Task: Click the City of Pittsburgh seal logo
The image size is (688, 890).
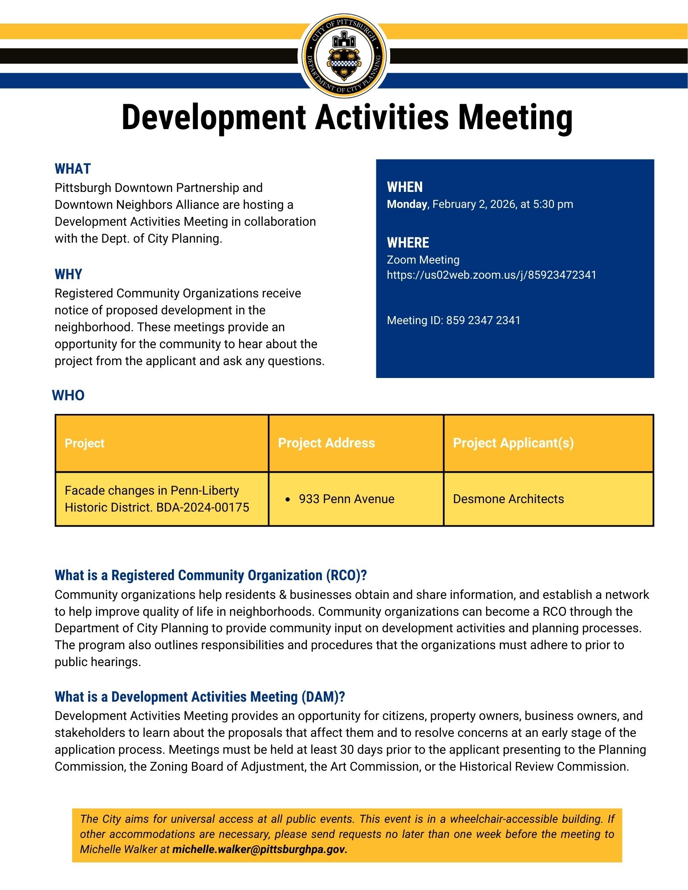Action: click(x=344, y=56)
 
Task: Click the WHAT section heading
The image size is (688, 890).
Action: click(x=73, y=169)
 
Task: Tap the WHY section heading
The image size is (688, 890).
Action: click(x=69, y=274)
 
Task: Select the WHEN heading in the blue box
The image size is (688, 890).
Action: click(x=405, y=187)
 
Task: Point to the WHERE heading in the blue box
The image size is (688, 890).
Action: click(x=408, y=243)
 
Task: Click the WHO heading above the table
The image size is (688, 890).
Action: click(x=68, y=395)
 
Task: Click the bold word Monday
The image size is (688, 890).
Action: click(x=407, y=204)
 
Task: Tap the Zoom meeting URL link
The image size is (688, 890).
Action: click(x=491, y=275)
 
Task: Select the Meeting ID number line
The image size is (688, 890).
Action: click(x=453, y=321)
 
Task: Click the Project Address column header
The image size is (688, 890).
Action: click(x=326, y=443)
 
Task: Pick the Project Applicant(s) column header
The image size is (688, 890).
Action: click(x=513, y=443)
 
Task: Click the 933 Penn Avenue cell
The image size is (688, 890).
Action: click(x=346, y=499)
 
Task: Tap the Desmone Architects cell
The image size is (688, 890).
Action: click(x=508, y=499)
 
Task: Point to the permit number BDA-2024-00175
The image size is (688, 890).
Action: click(x=203, y=508)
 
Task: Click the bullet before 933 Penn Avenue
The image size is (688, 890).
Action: click(x=288, y=500)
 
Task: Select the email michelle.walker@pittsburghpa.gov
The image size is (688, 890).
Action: click(x=260, y=849)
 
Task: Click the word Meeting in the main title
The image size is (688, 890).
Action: click(x=515, y=118)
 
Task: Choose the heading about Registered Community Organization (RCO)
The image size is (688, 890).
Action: click(x=210, y=575)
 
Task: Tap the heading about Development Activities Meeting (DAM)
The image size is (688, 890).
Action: click(x=199, y=697)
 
